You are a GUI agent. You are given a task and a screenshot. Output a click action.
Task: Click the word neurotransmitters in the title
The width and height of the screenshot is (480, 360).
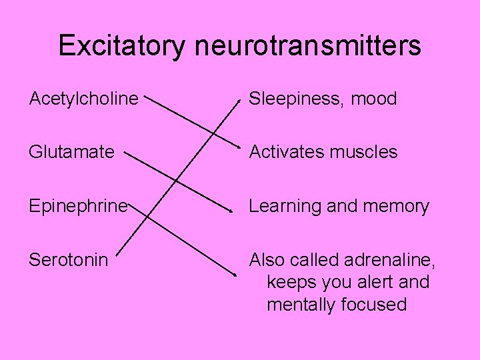click(x=308, y=45)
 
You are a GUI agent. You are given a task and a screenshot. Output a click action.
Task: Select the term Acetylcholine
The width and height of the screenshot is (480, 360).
click(x=84, y=99)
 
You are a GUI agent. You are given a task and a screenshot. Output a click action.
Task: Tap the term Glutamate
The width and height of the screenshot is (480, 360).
click(x=72, y=153)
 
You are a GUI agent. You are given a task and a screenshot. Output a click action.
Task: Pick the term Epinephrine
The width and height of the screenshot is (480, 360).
click(x=77, y=206)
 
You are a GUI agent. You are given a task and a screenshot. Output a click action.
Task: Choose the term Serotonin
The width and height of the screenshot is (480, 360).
click(x=68, y=259)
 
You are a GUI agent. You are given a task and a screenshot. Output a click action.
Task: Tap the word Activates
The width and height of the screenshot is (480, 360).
click(x=285, y=153)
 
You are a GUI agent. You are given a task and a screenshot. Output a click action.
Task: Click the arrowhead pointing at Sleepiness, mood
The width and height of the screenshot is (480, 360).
click(x=240, y=102)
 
